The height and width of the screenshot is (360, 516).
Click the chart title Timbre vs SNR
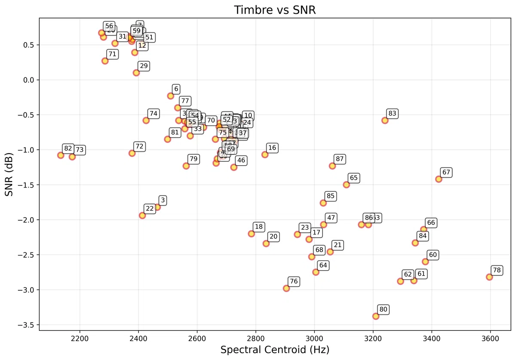point(275,10)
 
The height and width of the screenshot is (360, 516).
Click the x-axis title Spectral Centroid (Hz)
point(275,350)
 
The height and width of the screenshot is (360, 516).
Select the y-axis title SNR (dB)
point(9,174)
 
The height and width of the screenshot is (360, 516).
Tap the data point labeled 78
point(489,277)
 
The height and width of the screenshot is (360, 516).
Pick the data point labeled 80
point(376,316)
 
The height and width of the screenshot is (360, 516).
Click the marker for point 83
point(385,120)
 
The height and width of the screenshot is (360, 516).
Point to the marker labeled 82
point(61,155)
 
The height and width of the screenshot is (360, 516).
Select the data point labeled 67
point(439,179)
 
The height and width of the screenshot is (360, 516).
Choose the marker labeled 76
point(286,288)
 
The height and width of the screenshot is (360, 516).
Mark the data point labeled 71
point(105,61)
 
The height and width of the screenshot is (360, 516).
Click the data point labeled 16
point(265,154)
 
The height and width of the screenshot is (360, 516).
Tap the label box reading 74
point(154,114)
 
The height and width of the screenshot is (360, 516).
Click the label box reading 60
point(433,255)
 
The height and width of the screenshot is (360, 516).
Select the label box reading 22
point(150,209)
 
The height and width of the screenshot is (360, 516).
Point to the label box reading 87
point(340,159)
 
